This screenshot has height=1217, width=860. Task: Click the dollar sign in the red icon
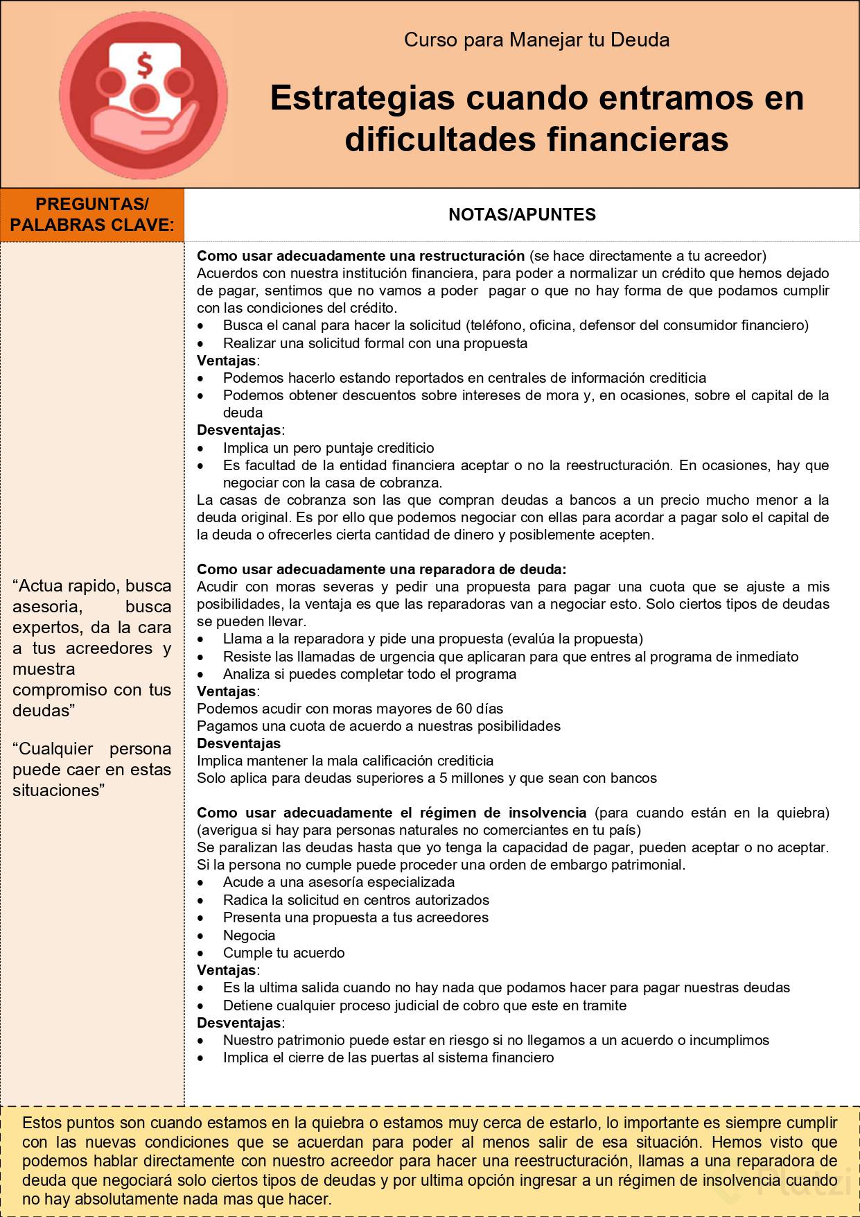coord(144,65)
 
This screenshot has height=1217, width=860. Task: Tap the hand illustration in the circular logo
coord(135,128)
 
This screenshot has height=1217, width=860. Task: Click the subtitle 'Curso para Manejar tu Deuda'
coord(536,40)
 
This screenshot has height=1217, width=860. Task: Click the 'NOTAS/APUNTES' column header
coord(522,214)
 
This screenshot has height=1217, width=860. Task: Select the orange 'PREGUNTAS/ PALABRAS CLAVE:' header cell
coord(92,214)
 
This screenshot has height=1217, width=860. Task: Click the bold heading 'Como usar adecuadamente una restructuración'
coord(360,256)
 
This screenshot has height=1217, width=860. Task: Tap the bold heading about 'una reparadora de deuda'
coord(381,569)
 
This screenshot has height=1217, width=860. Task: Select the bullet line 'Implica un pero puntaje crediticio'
coord(328,448)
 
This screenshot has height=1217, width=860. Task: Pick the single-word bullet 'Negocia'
coord(249,935)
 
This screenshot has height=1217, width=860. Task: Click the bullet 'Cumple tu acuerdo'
coord(283,953)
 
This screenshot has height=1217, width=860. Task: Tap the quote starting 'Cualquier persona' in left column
coord(91,769)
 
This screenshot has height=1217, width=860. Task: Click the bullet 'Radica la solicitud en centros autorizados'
coord(356,900)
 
